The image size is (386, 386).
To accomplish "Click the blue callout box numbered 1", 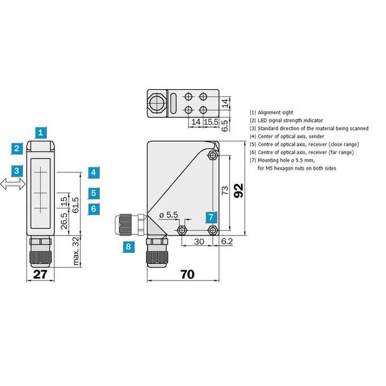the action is point(41,133).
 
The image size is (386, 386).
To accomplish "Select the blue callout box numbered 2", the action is point(16,149).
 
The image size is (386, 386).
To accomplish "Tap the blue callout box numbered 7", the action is point(211,217).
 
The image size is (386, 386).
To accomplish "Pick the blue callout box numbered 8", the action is point(128,247).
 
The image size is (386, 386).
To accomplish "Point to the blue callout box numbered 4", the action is point(94,173).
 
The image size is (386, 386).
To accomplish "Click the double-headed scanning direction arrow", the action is point(13,184).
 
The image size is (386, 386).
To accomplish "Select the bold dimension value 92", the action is point(238,191).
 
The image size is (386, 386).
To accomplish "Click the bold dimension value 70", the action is point(187,274).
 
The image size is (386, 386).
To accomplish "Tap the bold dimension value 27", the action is point(40,275).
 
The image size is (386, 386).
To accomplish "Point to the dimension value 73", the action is point(225,190).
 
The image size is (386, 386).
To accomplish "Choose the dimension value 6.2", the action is point(227,241).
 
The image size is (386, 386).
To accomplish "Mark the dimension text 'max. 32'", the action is point(77,251).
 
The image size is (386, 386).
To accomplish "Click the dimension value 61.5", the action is point(75,205).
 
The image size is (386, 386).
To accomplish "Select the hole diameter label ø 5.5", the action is point(169,215).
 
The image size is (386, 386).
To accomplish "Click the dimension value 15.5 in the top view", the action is point(211,122).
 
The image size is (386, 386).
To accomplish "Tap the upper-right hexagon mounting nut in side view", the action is point(212,156).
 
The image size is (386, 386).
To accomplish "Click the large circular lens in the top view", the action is point(157,103).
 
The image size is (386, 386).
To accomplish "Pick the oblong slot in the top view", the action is point(173,103).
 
